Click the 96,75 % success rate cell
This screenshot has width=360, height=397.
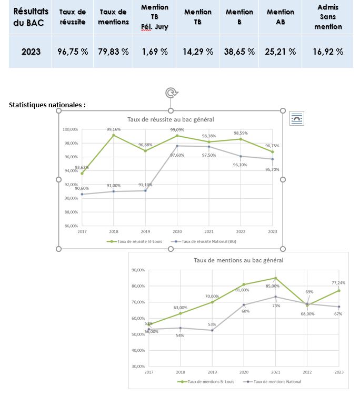click(x=73, y=52)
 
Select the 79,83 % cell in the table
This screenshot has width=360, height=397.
click(x=114, y=52)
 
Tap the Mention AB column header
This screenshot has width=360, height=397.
click(x=281, y=16)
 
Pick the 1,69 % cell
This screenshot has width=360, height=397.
click(x=155, y=52)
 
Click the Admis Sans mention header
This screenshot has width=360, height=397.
click(x=328, y=17)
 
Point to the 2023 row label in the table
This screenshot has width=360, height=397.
click(x=31, y=52)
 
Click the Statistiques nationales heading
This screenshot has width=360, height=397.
click(x=47, y=105)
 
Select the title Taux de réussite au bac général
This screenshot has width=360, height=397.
click(x=171, y=120)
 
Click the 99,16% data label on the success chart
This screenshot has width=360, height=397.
click(x=113, y=129)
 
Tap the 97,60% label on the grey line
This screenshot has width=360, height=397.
click(x=177, y=155)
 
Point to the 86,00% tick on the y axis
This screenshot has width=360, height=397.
click(x=71, y=226)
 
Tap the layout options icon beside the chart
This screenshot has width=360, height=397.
click(x=296, y=119)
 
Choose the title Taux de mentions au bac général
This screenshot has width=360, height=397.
click(x=238, y=260)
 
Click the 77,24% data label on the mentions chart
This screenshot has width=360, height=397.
click(x=339, y=283)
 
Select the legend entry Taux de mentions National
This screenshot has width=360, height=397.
click(x=274, y=382)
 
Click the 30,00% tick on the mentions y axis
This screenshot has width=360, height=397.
click(x=138, y=367)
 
